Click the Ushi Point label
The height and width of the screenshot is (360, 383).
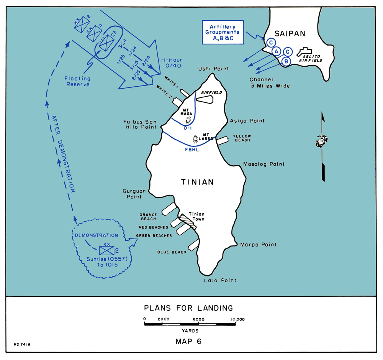point(213,69)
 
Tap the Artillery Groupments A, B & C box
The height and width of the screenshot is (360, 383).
point(223,32)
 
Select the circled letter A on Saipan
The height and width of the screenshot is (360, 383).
point(277,51)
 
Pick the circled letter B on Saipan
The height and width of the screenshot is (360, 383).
point(286,61)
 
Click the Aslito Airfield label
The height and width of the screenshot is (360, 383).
point(311,58)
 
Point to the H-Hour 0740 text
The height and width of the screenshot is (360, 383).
point(172,63)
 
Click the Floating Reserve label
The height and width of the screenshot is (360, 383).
point(77,81)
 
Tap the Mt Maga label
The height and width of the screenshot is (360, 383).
point(186,112)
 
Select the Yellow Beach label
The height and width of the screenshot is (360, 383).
point(242,138)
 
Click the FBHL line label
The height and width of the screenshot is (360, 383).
point(192,150)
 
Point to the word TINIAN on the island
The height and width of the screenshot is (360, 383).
point(197,182)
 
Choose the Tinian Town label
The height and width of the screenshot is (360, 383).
point(197,217)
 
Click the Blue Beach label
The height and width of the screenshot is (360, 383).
point(172,252)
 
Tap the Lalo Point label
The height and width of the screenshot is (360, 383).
point(220,281)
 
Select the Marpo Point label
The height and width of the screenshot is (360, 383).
point(258,245)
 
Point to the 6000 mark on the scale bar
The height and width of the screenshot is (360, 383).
point(198,319)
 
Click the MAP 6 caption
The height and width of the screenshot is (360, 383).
point(188,342)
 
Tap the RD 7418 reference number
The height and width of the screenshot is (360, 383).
point(22,345)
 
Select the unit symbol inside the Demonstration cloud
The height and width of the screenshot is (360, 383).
point(107,250)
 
